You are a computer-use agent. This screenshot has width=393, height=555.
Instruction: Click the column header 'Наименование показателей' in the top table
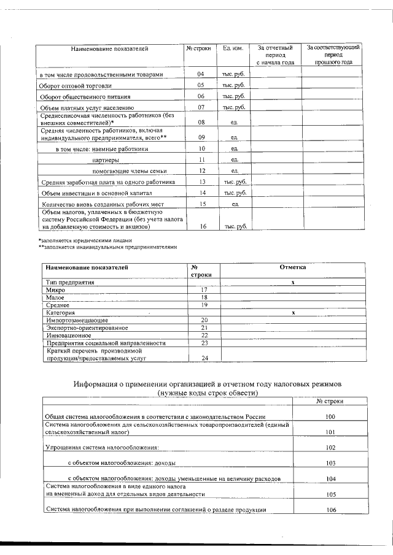pyautogui.click(x=109, y=48)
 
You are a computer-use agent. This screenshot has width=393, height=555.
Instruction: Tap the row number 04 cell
pyautogui.click(x=200, y=74)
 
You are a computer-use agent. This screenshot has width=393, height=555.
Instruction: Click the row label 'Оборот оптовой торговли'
pyautogui.click(x=71, y=86)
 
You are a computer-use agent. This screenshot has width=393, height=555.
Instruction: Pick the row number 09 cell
pyautogui.click(x=201, y=137)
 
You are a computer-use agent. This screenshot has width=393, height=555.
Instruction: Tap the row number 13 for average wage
pyautogui.click(x=201, y=182)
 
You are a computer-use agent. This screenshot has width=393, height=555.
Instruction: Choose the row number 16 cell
pyautogui.click(x=201, y=226)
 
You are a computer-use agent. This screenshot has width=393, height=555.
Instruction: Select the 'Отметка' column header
pyautogui.click(x=293, y=267)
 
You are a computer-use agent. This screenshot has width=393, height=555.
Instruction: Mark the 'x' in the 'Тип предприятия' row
pyautogui.click(x=294, y=281)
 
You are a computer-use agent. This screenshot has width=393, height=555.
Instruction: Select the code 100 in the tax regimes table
pyautogui.click(x=330, y=416)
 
